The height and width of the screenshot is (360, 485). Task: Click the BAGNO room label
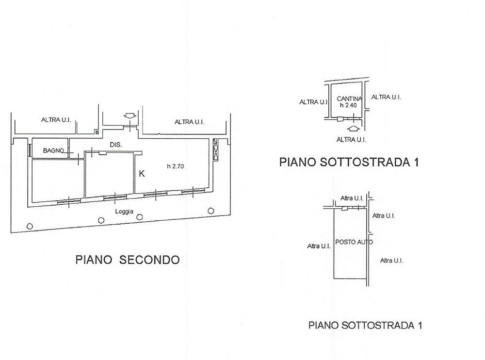point(53,151)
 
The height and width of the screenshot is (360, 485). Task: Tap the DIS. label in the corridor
point(116,145)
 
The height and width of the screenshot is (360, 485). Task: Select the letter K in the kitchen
point(142,174)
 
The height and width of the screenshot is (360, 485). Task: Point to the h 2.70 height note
point(176,166)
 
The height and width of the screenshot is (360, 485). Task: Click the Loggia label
point(124,212)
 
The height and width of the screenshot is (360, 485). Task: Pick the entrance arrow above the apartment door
point(130,116)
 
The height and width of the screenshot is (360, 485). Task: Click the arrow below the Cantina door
point(354,128)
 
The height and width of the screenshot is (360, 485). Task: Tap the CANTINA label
point(350,99)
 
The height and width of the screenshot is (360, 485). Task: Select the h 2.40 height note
point(348,105)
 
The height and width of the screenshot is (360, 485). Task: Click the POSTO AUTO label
point(354,242)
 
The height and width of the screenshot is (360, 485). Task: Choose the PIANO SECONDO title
point(128,260)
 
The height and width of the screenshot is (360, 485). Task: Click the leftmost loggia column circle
point(30,226)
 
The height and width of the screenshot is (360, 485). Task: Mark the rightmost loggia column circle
point(211,211)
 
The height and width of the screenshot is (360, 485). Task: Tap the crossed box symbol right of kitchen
point(216,153)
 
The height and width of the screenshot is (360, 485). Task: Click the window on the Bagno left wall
point(30,150)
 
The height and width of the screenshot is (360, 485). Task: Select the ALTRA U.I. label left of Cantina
point(314,102)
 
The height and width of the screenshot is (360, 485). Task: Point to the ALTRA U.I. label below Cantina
point(351,140)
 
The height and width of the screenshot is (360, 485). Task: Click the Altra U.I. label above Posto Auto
point(352,198)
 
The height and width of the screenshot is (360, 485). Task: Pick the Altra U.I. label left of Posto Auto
point(319,246)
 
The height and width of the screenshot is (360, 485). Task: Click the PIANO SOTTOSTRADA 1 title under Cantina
point(349,162)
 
